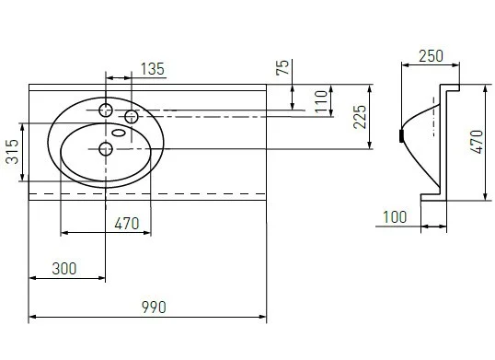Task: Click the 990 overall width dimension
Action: [x=154, y=308]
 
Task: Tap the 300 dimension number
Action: [x=64, y=269]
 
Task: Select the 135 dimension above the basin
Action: [x=153, y=69]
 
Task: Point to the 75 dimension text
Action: [x=282, y=67]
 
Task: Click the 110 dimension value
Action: [x=321, y=101]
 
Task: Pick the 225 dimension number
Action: [x=360, y=117]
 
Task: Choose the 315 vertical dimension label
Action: [x=13, y=152]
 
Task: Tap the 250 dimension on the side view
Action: [x=431, y=56]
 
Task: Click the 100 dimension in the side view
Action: [x=395, y=217]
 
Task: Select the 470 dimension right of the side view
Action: [x=477, y=142]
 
